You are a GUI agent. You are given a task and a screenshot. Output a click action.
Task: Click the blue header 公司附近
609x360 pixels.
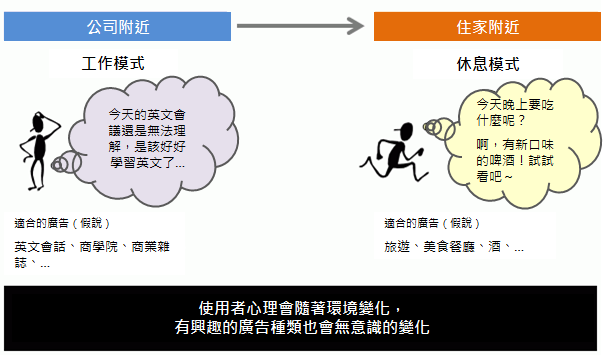click(117, 26)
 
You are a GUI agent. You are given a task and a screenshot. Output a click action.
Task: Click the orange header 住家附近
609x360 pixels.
click(487, 26)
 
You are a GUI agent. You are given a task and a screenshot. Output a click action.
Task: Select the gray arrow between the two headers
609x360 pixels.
click(300, 26)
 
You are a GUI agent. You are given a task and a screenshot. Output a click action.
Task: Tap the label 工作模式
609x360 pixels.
click(113, 63)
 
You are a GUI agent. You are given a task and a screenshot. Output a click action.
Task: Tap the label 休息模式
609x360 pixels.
click(488, 64)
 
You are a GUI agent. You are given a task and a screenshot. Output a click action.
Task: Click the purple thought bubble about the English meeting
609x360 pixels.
click(153, 141)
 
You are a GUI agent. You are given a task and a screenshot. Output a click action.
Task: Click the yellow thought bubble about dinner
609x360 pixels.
click(522, 142)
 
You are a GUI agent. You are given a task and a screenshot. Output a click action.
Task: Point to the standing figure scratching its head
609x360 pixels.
click(38, 151)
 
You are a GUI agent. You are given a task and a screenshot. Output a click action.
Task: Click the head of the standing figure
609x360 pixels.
click(38, 122)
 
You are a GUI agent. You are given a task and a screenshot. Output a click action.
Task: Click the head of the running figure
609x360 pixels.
click(405, 131)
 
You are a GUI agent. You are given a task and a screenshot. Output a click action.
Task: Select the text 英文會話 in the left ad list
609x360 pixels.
click(40, 247)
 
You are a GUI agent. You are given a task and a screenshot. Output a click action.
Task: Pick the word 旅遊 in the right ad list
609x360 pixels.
click(397, 247)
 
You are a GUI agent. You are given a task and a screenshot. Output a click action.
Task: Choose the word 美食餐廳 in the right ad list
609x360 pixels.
click(449, 247)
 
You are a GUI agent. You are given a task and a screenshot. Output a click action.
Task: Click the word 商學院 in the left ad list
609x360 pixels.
click(98, 247)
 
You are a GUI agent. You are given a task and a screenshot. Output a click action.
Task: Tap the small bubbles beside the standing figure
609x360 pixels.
click(66, 163)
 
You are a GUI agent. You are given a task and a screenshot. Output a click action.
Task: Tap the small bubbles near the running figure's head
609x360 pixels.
click(439, 128)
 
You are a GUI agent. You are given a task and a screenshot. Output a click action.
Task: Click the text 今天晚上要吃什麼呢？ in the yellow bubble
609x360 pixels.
click(515, 112)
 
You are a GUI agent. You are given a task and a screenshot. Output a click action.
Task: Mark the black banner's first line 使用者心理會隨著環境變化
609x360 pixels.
click(295, 308)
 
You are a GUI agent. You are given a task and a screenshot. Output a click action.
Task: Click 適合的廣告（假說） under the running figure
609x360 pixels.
click(432, 223)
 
